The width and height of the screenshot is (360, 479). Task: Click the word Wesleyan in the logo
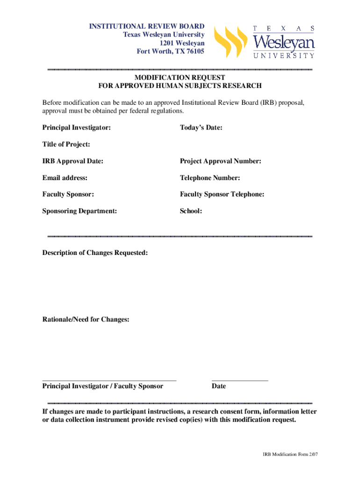pyautogui.click(x=284, y=43)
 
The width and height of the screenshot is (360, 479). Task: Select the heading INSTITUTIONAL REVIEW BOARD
pyautogui.click(x=147, y=26)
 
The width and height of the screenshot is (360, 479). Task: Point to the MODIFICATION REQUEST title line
pyautogui.click(x=180, y=77)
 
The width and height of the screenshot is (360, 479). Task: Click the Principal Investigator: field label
pyautogui.click(x=77, y=127)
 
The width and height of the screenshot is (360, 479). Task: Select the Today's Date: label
pyautogui.click(x=201, y=127)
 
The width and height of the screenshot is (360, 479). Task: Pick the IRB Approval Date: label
pyautogui.click(x=73, y=161)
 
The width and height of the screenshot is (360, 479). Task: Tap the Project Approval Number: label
pyautogui.click(x=221, y=161)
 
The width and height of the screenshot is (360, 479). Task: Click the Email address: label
pyautogui.click(x=65, y=178)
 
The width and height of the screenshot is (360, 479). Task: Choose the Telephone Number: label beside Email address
pyautogui.click(x=210, y=178)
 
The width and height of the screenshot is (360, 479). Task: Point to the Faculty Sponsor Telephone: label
pyautogui.click(x=222, y=194)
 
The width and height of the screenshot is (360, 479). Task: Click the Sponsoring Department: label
pyautogui.click(x=80, y=211)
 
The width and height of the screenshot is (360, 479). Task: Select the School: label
pyautogui.click(x=191, y=211)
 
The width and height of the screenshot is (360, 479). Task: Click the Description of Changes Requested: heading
pyautogui.click(x=95, y=253)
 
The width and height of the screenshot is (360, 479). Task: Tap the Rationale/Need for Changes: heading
pyautogui.click(x=86, y=319)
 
